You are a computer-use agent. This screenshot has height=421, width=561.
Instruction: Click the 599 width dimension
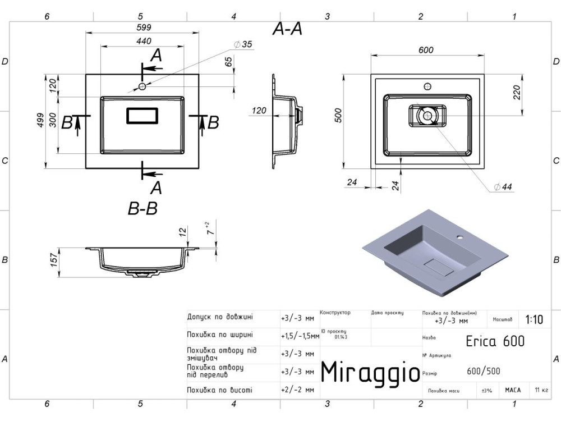(144, 28)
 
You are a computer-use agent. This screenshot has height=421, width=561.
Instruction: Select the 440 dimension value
(144, 41)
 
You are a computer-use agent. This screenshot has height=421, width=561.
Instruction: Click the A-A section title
(287, 29)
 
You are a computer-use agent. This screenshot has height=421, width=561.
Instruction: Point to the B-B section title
(142, 209)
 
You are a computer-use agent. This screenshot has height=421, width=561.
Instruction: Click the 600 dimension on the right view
(426, 50)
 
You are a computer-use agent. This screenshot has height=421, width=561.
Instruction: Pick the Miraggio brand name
(370, 371)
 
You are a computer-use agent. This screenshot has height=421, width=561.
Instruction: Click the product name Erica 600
(495, 341)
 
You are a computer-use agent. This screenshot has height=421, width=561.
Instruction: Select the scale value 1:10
(534, 319)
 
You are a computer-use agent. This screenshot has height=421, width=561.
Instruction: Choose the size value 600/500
(483, 370)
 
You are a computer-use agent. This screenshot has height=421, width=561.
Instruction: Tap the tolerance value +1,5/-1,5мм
(300, 336)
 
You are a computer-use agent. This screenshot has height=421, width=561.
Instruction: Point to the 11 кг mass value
(541, 390)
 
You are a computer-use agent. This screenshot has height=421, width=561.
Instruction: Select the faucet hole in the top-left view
(142, 86)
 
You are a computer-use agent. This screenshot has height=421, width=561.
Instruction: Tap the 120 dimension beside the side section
(259, 111)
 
